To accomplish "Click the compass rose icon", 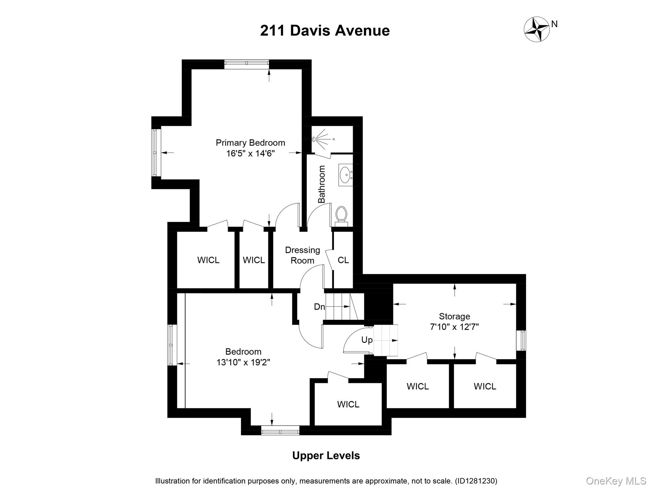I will pos(536,29).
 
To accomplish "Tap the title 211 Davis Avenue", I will pos(325,31).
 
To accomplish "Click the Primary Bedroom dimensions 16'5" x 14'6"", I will pos(250,154).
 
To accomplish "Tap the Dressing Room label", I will pos(302,255).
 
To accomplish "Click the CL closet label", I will pos(343,260).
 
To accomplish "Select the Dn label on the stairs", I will pos(319,307).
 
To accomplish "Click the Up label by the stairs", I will pos(367,340).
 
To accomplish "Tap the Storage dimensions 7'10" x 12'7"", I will pos(454,327).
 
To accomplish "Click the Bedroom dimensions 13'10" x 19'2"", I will pos(243,362).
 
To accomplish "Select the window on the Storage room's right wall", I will pos(521,341).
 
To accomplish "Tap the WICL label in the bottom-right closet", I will pos(485,386).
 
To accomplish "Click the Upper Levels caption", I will pos(326,456).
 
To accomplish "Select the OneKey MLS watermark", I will pos(616,481).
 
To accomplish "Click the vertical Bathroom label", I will pos(322,184).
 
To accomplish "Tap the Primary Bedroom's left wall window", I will pos(155,152).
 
